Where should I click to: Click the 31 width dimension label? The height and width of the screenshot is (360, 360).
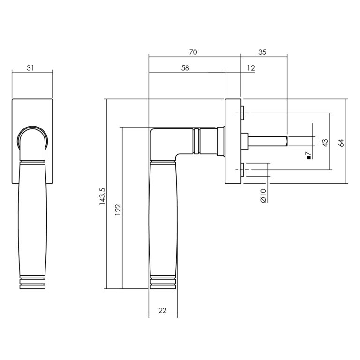pyautogui.click(x=30, y=68)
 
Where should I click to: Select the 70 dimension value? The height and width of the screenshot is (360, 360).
pyautogui.click(x=193, y=52)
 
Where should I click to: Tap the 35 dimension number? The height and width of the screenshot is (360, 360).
pyautogui.click(x=262, y=52)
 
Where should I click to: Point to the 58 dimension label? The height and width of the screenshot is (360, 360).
pyautogui.click(x=185, y=68)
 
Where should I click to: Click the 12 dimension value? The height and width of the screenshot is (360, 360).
pyautogui.click(x=251, y=68)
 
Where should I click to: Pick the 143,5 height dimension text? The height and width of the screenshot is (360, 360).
pyautogui.click(x=102, y=196)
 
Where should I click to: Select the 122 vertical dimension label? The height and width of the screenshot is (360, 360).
pyautogui.click(x=118, y=210)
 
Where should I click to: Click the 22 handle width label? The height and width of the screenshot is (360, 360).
pyautogui.click(x=162, y=310)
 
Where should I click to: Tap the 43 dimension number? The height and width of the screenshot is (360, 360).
pyautogui.click(x=325, y=142)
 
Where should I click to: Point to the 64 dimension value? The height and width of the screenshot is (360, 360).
pyautogui.click(x=341, y=142)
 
